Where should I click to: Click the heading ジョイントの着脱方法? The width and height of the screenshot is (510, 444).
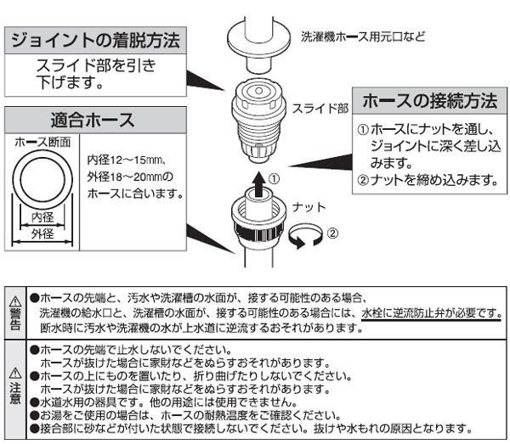coord(95,40)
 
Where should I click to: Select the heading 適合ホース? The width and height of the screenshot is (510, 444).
coord(93,120)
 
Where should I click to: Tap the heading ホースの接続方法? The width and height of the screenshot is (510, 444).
coord(429,101)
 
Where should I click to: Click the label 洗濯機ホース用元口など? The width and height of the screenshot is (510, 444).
coord(363,37)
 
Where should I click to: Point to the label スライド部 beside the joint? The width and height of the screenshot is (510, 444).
coord(320,109)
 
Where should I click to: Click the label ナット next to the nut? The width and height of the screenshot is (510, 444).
coord(309,207)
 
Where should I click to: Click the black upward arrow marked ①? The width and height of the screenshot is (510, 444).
coord(259,184)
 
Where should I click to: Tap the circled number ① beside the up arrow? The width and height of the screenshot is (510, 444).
coord(275,178)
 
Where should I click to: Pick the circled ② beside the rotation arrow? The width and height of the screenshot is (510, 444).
coord(332,233)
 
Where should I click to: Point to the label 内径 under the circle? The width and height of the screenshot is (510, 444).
coord(42,217)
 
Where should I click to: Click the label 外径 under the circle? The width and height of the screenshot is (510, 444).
coord(42,233)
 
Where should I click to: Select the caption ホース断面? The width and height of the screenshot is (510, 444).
coord(42,143)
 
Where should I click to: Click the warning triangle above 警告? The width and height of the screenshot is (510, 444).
coord(15,301)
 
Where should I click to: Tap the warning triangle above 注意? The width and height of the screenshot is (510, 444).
coord(15,374)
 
